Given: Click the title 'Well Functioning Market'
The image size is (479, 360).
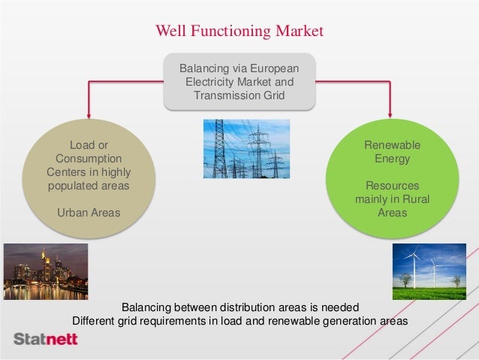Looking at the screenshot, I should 239,31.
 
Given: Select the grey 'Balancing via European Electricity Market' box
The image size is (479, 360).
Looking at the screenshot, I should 239,82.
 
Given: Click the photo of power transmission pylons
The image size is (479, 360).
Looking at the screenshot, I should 246,148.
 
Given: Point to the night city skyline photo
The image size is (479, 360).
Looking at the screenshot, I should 46,271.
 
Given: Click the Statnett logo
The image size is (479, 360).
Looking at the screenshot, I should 46,340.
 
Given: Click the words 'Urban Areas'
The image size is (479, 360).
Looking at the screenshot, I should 89,213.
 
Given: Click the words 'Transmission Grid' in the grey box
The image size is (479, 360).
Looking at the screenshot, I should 239,95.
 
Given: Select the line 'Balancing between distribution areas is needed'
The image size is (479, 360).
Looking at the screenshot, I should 240,307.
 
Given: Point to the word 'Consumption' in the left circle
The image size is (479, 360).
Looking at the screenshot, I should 89,159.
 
